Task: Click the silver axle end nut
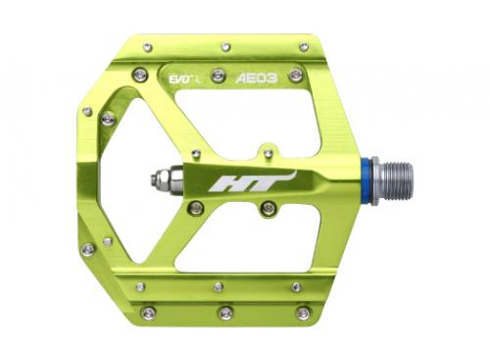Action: click(161, 180)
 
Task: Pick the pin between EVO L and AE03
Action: click(219, 75)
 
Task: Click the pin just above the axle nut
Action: click(196, 153)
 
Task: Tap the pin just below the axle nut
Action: click(196, 208)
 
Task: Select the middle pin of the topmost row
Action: click(225, 46)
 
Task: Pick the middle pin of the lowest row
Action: click(225, 314)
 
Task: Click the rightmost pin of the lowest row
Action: click(303, 314)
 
